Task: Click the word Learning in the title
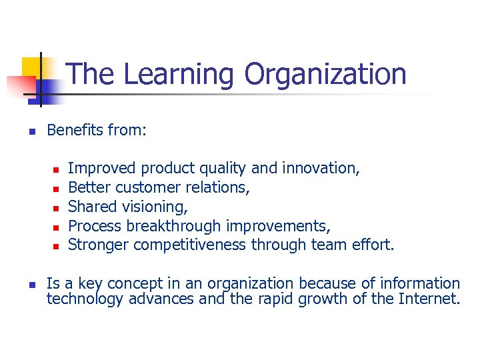click(179, 74)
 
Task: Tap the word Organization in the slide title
click(325, 74)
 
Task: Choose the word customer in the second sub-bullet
click(151, 187)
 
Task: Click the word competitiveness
click(190, 245)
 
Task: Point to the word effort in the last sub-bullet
click(375, 245)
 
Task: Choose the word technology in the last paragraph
click(85, 299)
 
